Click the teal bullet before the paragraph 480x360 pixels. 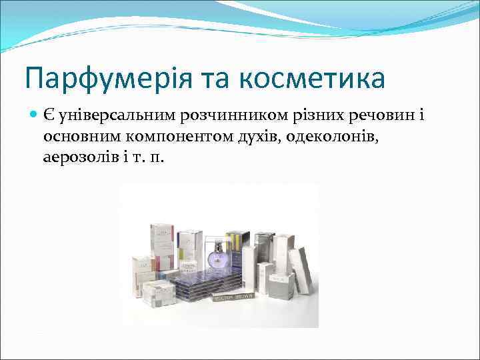coord(33,115)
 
